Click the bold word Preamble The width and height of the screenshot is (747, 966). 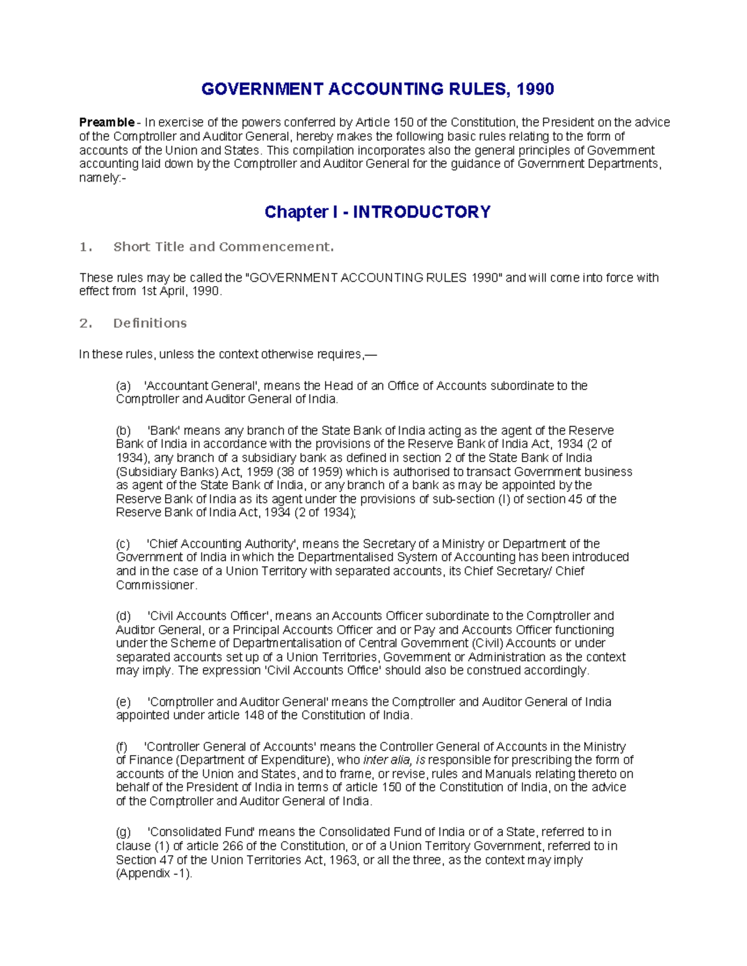(x=106, y=123)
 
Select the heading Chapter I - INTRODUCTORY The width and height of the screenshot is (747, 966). (x=377, y=212)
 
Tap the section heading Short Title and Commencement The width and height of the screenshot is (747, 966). (x=223, y=247)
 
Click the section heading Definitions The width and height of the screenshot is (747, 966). (x=149, y=323)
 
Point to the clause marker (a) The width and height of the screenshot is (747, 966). (x=123, y=386)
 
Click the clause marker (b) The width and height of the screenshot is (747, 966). (x=123, y=430)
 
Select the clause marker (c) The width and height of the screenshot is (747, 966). (x=123, y=544)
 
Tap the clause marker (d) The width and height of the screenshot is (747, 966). (x=123, y=616)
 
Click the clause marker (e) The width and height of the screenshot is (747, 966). (x=123, y=702)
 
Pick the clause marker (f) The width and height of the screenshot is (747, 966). (x=122, y=746)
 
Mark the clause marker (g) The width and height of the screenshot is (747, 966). (x=123, y=832)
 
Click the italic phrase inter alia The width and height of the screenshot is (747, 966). (x=386, y=760)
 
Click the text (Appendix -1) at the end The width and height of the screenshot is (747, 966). (x=154, y=873)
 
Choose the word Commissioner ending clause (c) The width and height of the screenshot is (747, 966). (x=156, y=585)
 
